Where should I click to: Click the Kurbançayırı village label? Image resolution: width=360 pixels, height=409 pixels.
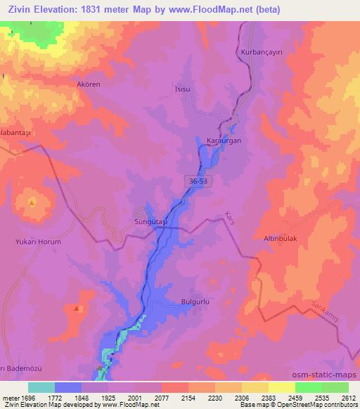[x=257, y=52]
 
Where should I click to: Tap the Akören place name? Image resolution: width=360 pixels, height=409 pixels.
[x=89, y=84]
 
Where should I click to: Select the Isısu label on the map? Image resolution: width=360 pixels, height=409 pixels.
[x=183, y=89]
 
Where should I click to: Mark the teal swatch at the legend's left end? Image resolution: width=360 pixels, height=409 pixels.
[x=41, y=387]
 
